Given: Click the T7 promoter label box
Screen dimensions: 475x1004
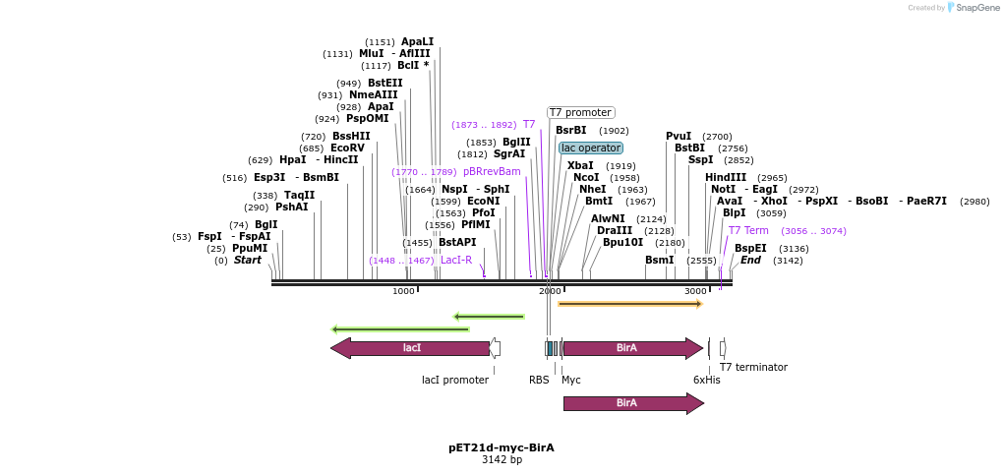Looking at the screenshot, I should click(x=580, y=112).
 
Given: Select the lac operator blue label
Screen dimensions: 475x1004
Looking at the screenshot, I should click(x=591, y=148).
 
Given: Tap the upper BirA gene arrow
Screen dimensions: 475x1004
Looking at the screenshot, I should click(x=629, y=348).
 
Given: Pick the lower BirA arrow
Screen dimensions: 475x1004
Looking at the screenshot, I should click(x=629, y=403).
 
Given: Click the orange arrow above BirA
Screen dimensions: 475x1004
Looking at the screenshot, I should click(x=629, y=304).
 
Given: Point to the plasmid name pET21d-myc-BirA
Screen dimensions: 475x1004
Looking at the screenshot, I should click(x=502, y=447).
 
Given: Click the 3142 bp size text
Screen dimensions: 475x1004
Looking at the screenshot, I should click(x=502, y=459).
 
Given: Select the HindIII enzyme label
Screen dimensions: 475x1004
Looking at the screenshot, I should click(x=726, y=177).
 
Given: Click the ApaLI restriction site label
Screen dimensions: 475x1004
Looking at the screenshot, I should click(x=417, y=41).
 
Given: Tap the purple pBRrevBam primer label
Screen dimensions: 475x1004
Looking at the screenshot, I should click(x=492, y=171).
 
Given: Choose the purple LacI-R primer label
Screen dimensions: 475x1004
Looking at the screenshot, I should click(x=456, y=260).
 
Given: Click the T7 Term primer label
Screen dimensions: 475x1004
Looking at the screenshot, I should click(x=748, y=230).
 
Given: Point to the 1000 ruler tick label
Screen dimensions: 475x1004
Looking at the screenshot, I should click(x=403, y=291).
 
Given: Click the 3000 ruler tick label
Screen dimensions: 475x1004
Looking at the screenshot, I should click(x=695, y=291).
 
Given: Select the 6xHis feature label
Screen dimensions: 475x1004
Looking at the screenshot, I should click(x=706, y=380).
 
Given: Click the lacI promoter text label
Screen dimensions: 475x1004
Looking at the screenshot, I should click(x=455, y=380).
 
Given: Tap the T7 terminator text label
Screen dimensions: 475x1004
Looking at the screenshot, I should click(x=753, y=367).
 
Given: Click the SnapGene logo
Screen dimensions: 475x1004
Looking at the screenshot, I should click(x=974, y=7).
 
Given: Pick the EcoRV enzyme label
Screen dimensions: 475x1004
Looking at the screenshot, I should click(x=347, y=148).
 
